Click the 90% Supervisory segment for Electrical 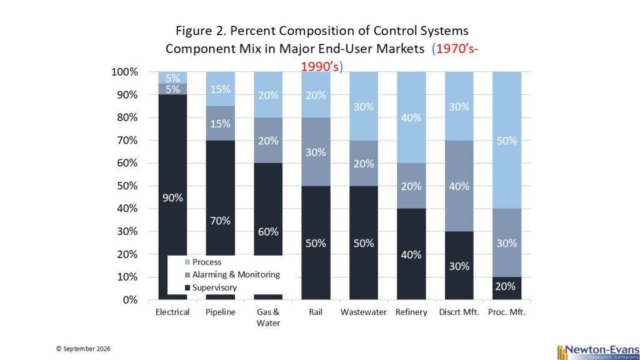point(172,176)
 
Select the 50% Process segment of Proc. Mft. point(506,140)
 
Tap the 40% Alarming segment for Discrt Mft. point(459,186)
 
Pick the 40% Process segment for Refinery point(411,117)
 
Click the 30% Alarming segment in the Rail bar point(316,152)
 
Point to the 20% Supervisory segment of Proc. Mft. point(506,288)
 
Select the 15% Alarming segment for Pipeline point(220,123)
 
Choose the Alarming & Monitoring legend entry point(232,275)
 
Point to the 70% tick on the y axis point(125,141)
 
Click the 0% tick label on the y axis point(130,300)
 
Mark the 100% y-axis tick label point(125,72)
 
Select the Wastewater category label point(363,312)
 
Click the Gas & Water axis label point(268,317)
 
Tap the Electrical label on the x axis point(172,312)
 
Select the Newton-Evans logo point(598,352)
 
